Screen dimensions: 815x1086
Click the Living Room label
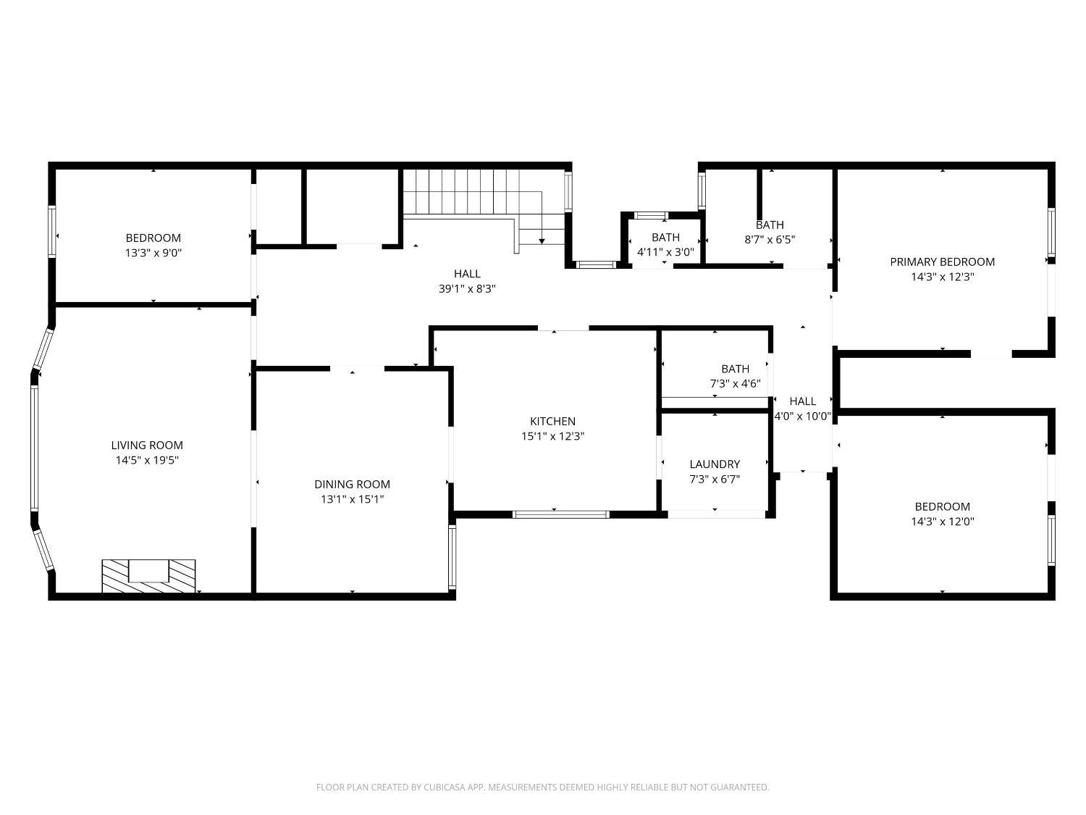(147, 445)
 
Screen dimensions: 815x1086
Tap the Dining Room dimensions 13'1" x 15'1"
(352, 499)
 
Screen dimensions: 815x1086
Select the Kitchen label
(552, 421)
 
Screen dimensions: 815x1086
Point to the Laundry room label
(715, 464)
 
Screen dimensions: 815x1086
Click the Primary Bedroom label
(942, 262)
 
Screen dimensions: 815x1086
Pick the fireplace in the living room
(148, 575)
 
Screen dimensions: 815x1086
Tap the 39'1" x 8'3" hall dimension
(467, 288)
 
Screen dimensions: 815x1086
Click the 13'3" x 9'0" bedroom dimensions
(153, 253)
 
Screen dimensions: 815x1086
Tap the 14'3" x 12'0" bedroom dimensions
(942, 522)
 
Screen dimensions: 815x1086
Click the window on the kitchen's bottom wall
(560, 514)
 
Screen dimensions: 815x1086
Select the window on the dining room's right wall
(452, 556)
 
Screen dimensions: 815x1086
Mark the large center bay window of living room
(34, 448)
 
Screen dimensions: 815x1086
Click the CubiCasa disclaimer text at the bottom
(542, 787)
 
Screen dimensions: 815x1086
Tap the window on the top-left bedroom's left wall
(52, 231)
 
